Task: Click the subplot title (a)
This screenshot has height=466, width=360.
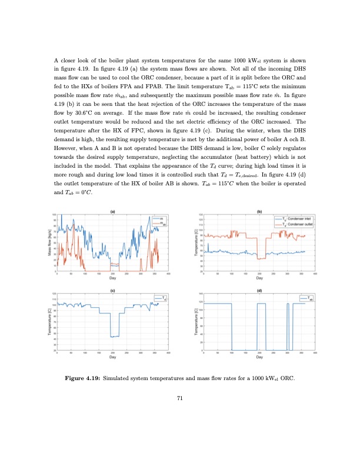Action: (112, 211)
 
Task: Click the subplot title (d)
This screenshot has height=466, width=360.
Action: (259, 290)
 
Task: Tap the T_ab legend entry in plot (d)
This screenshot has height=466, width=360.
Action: (309, 298)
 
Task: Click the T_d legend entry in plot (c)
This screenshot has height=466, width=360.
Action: (162, 298)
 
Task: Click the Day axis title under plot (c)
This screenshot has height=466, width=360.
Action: (112, 357)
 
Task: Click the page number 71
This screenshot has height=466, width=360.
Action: (180, 398)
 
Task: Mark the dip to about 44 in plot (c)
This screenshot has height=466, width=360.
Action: (115, 336)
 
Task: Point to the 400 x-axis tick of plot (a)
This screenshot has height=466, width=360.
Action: (168, 274)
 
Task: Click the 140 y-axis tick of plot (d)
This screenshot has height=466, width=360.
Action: (199, 293)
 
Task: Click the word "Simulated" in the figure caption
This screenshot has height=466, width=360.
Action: (119, 378)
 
